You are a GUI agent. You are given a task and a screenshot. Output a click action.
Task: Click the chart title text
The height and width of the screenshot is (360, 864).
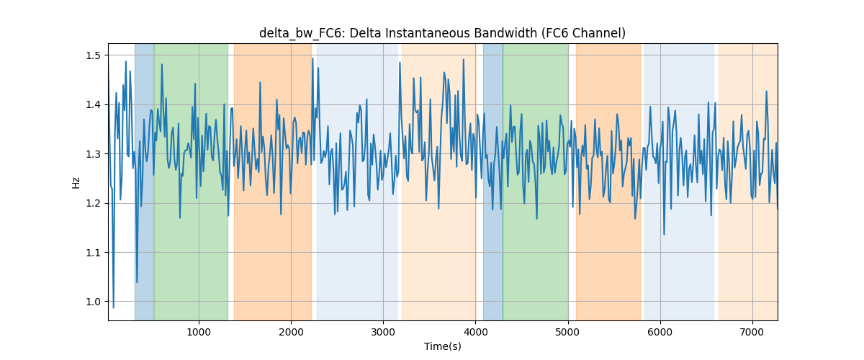[x=442, y=33]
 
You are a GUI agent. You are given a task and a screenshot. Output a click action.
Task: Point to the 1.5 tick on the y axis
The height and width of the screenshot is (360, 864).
[x=93, y=55]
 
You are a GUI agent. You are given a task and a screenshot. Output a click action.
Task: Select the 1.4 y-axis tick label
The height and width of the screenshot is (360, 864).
[x=93, y=104]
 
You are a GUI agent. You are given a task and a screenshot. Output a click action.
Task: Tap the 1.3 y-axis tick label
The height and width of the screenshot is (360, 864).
[x=93, y=154]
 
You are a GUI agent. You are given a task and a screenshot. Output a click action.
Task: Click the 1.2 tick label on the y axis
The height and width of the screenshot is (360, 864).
[x=93, y=203]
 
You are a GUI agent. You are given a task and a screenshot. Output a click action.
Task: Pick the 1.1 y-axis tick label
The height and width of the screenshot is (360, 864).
[x=93, y=253]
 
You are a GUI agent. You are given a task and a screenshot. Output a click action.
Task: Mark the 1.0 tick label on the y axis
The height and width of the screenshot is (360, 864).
[x=93, y=302]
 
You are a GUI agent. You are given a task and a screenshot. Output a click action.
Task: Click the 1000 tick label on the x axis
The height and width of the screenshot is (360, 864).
[x=199, y=332]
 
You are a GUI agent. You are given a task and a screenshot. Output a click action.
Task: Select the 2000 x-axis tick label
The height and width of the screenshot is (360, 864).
[x=291, y=332]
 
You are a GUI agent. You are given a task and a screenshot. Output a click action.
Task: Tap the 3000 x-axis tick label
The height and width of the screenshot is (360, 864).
[x=383, y=332]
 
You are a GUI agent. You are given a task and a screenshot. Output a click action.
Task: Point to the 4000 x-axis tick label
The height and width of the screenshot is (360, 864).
[x=476, y=332]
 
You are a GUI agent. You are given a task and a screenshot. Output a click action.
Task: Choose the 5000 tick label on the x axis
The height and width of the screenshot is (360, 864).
[x=568, y=332]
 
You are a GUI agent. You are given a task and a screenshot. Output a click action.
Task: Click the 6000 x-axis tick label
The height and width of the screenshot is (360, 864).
[x=660, y=332]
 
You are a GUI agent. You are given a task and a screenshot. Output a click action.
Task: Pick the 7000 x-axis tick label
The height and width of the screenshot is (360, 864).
[x=752, y=332]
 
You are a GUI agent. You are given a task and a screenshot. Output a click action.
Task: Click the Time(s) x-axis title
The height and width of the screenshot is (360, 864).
[x=442, y=346]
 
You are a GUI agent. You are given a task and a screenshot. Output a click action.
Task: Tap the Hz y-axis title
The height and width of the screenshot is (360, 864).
[x=76, y=182]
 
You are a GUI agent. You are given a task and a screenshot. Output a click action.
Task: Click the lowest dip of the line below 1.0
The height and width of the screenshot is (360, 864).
[x=114, y=307]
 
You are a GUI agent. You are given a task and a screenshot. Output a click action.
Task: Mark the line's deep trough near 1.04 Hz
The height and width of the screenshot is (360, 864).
[x=137, y=282]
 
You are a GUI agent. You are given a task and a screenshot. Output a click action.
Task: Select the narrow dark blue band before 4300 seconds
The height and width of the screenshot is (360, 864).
[x=493, y=181]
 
